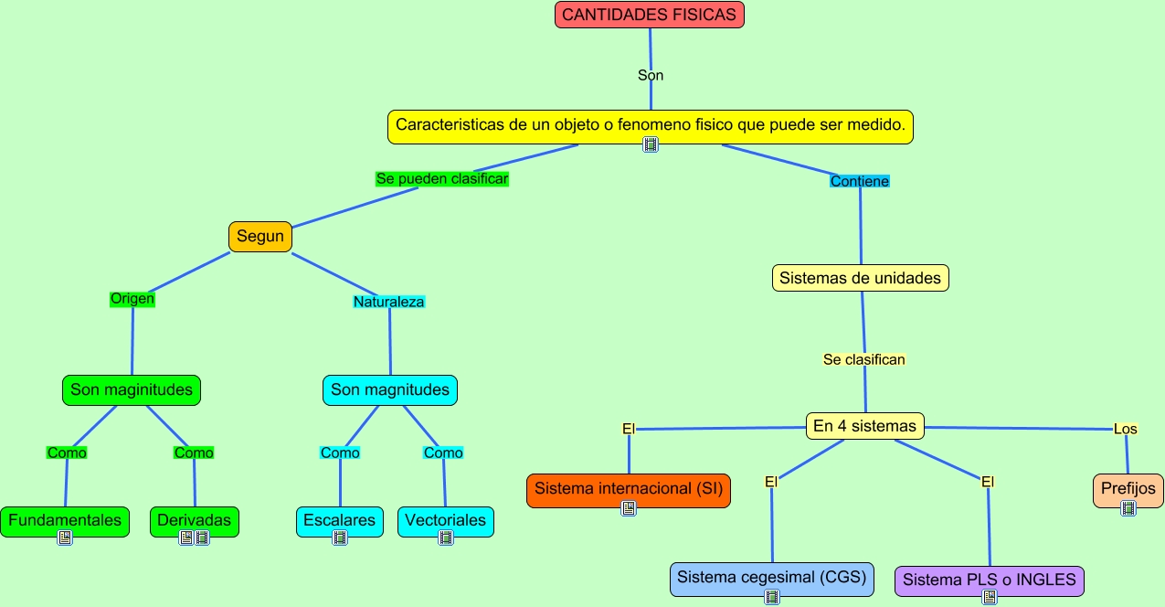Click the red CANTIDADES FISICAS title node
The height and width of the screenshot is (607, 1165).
pos(649,15)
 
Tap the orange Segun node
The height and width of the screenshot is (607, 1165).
pos(259,237)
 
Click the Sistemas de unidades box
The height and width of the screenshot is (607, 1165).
pos(860,278)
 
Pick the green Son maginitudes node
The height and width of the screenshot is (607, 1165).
pos(132,390)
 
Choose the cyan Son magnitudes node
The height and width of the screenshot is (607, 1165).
pos(389,390)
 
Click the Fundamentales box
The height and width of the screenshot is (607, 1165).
pos(64,520)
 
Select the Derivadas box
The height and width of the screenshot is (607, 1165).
pos(194,520)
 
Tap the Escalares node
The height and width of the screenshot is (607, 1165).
pos(339,520)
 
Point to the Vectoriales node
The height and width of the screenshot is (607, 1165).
pos(445,520)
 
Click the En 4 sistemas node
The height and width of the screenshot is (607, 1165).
pos(864,426)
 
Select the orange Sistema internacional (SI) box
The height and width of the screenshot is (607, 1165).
pos(628,489)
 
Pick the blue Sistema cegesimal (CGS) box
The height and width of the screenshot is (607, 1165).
pos(771,579)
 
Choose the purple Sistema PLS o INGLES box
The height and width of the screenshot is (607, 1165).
pos(989,580)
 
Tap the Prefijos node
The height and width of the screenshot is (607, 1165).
pos(1128,489)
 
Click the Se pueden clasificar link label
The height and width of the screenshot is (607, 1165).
pos(441,179)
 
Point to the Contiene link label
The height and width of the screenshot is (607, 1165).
pos(859,181)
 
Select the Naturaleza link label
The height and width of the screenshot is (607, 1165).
pos(388,301)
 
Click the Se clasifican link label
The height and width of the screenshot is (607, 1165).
pos(863,359)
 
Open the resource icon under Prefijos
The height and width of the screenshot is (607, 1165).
pos(1128,508)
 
